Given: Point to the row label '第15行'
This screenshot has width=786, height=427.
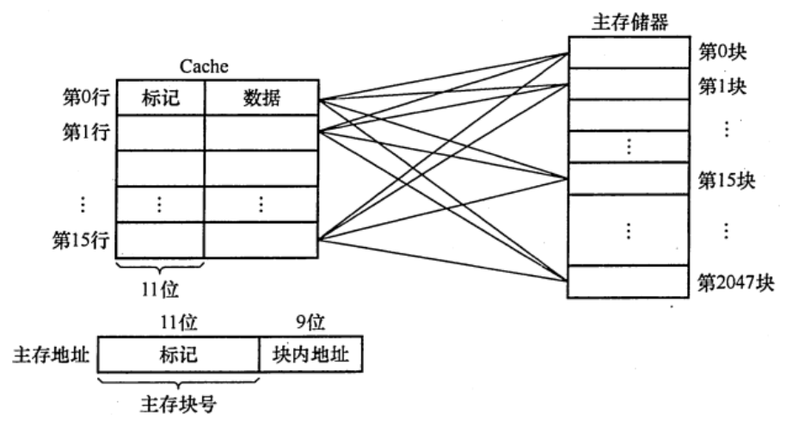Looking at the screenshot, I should tap(79, 238).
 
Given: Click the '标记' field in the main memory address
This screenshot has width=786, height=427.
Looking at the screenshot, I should tap(179, 354).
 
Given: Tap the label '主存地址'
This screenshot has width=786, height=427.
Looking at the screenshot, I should tap(51, 354).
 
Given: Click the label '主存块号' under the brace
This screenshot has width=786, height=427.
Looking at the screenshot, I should tap(179, 405).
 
